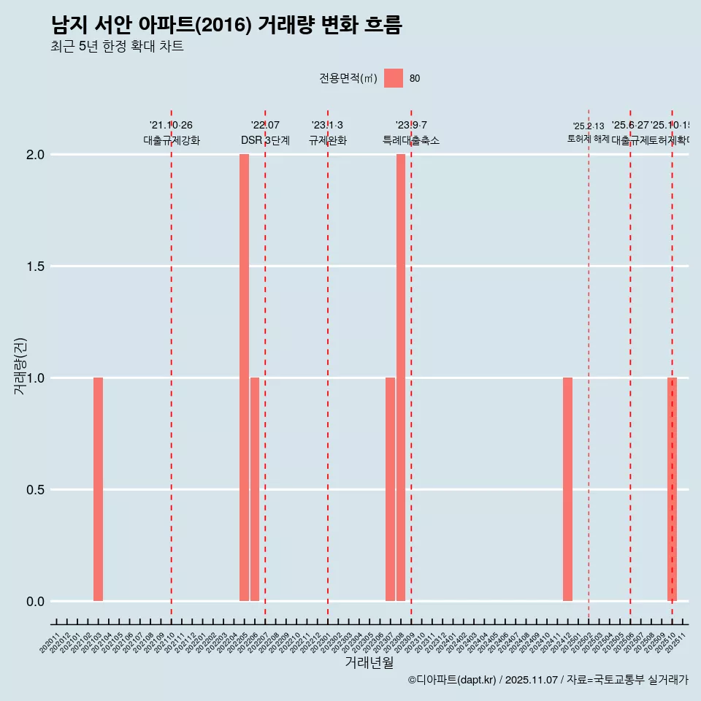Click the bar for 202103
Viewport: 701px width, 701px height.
(98, 489)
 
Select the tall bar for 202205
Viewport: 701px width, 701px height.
(244, 378)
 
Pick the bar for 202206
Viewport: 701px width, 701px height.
(255, 489)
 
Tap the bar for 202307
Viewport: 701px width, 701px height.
(390, 489)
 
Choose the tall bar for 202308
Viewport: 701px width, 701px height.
(401, 378)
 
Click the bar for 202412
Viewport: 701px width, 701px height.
(567, 489)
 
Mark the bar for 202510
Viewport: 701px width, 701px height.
(672, 489)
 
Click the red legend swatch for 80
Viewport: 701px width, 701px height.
(394, 78)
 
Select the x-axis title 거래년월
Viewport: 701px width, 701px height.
(369, 663)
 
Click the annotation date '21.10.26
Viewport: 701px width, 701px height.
(171, 126)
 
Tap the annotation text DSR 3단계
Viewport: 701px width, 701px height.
(265, 141)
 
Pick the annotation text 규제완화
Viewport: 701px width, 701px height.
(327, 141)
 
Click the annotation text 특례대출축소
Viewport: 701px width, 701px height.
(411, 141)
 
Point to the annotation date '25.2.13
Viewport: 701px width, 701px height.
(589, 126)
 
